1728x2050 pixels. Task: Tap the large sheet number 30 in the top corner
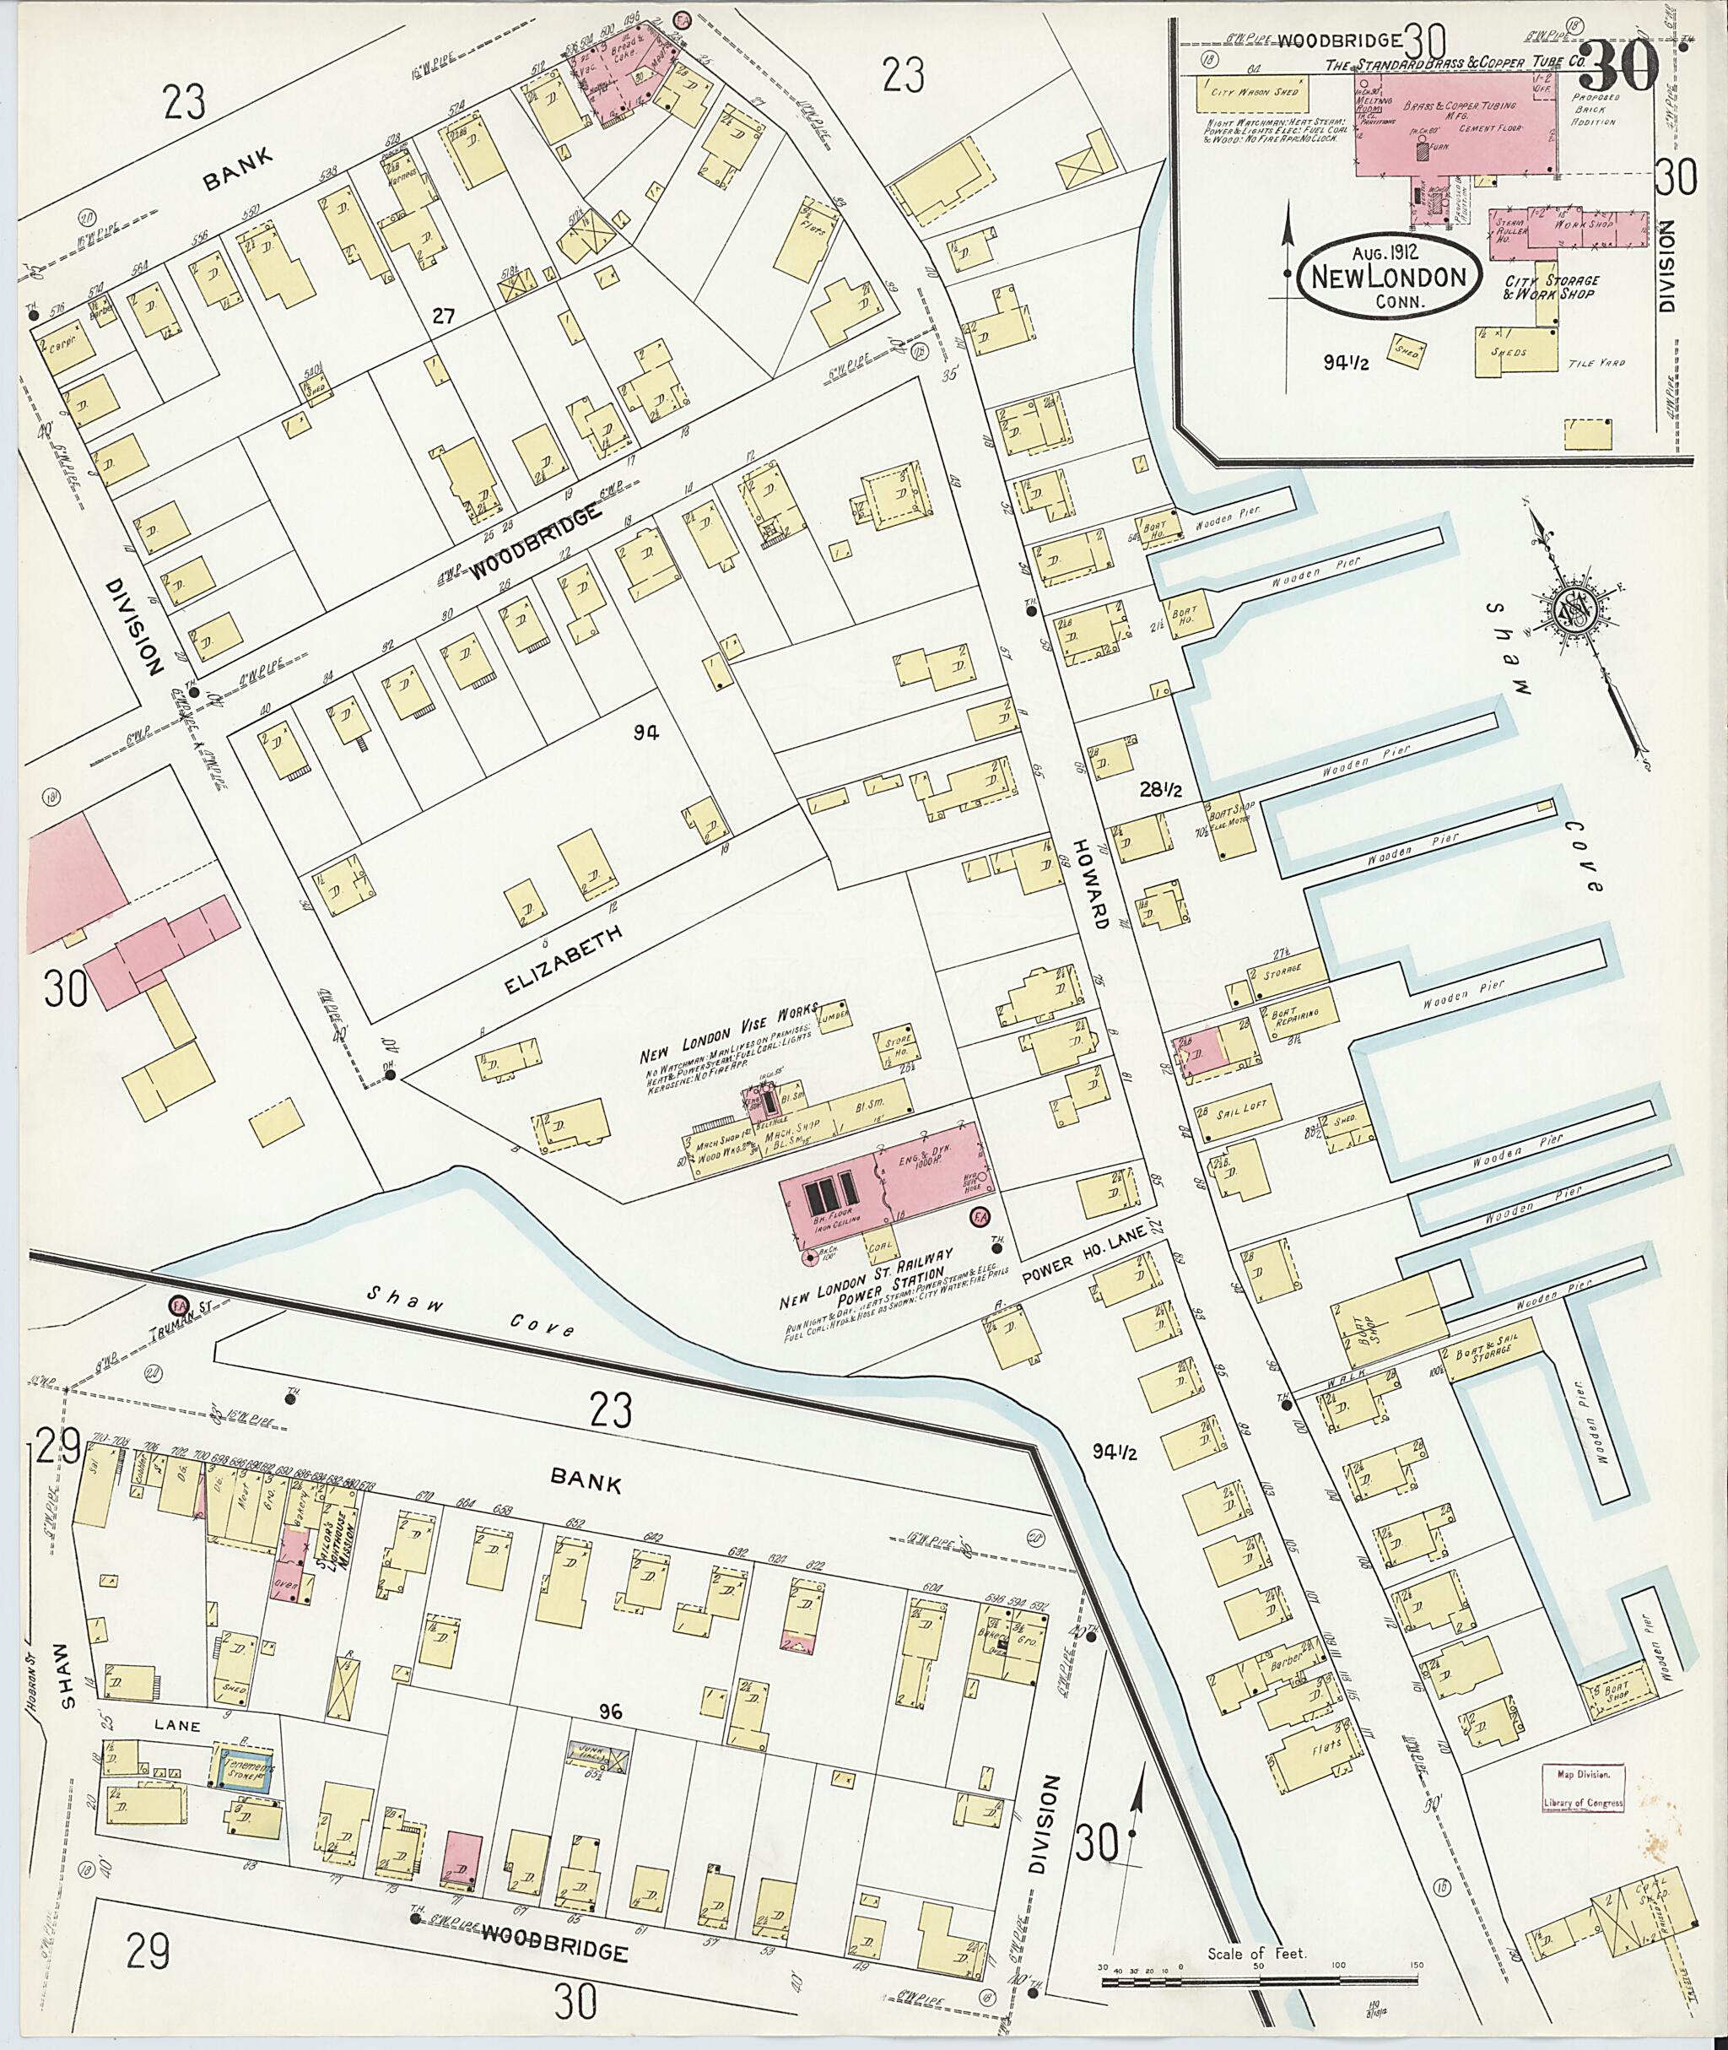click(1618, 66)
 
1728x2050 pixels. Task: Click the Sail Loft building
click(1240, 1109)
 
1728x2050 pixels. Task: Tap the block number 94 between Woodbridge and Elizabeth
click(645, 731)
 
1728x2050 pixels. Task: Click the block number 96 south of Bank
click(613, 1712)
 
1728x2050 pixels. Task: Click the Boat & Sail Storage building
click(1497, 1355)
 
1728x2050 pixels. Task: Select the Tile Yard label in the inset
click(1601, 363)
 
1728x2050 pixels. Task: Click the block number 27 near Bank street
click(444, 316)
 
